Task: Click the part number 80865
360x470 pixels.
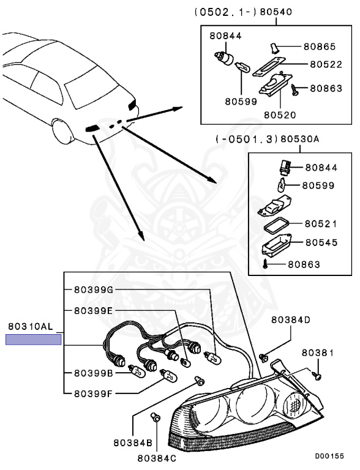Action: [320, 47]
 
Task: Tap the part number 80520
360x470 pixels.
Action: [280, 114]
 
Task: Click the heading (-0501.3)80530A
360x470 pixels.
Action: [267, 139]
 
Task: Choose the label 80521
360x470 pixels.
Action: [321, 224]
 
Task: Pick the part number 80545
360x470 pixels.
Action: [321, 242]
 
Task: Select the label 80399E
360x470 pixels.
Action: [94, 310]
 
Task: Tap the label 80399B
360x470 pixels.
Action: [94, 372]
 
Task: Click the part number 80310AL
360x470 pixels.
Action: [31, 327]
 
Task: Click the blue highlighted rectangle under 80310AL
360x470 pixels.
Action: [34, 340]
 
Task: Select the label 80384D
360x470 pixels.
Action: [291, 319]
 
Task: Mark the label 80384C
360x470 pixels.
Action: [157, 457]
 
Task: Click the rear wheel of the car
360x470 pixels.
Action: [63, 131]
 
